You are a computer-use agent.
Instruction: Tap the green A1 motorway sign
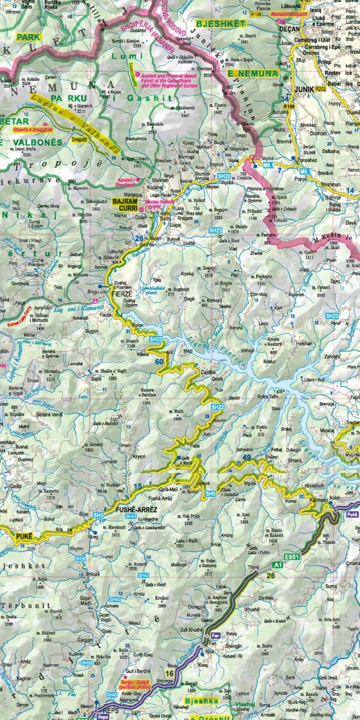click(278, 565)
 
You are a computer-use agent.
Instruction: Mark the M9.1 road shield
click(306, 172)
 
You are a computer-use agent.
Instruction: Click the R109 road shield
click(290, 106)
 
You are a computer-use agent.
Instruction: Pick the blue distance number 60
click(159, 361)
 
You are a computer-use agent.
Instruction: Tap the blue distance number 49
click(247, 458)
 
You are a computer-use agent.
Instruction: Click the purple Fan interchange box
click(215, 634)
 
